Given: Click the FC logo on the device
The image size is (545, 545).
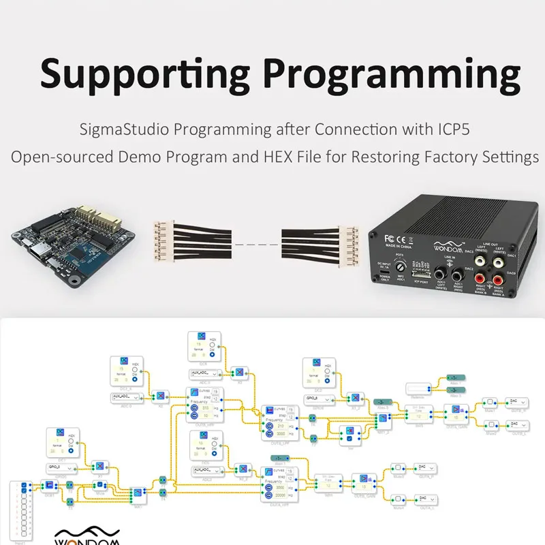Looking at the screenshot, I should [391, 238].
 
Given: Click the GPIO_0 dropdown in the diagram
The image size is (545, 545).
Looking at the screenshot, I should [61, 468].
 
